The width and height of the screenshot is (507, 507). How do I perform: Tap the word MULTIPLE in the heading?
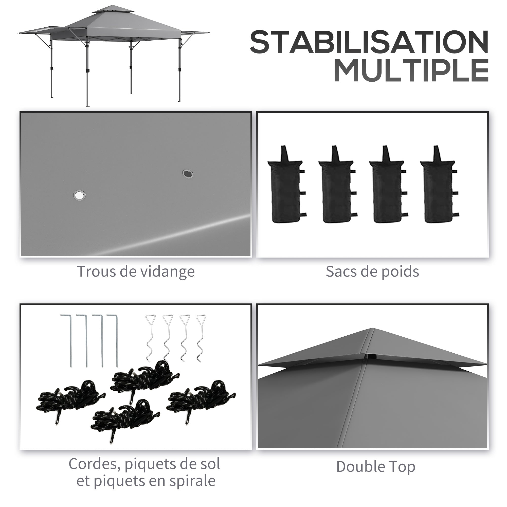pyautogui.click(x=411, y=70)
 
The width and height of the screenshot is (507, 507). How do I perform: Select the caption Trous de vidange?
pyautogui.click(x=136, y=271)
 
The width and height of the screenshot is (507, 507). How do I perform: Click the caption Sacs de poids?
pyautogui.click(x=372, y=271)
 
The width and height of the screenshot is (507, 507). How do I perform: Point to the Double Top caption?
pyautogui.click(x=376, y=467)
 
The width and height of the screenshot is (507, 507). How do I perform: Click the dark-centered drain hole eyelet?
pyautogui.click(x=188, y=173)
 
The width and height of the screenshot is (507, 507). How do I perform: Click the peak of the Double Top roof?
pyautogui.click(x=372, y=328)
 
